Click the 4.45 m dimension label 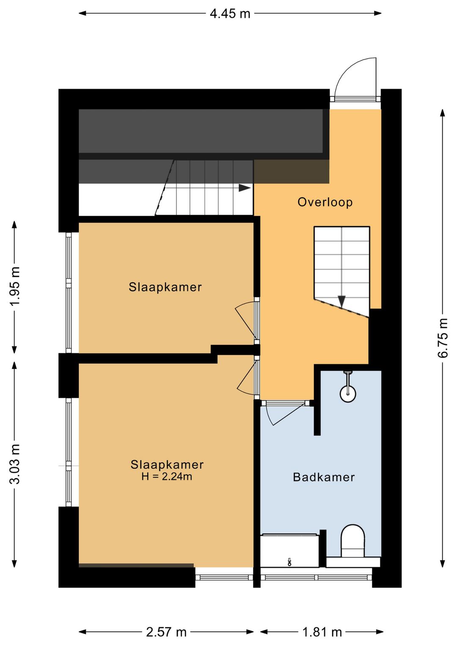coord(230,14)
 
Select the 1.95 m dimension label coord(15,286)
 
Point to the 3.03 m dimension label coord(15,464)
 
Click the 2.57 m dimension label coord(166,632)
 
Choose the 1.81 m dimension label coord(322,632)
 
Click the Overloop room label coord(325,202)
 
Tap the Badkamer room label coord(324,477)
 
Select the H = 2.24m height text coord(167,476)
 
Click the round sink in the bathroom coord(348,394)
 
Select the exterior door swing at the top coord(355,79)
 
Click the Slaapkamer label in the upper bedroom coord(165,287)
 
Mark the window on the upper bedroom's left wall coord(69,292)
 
